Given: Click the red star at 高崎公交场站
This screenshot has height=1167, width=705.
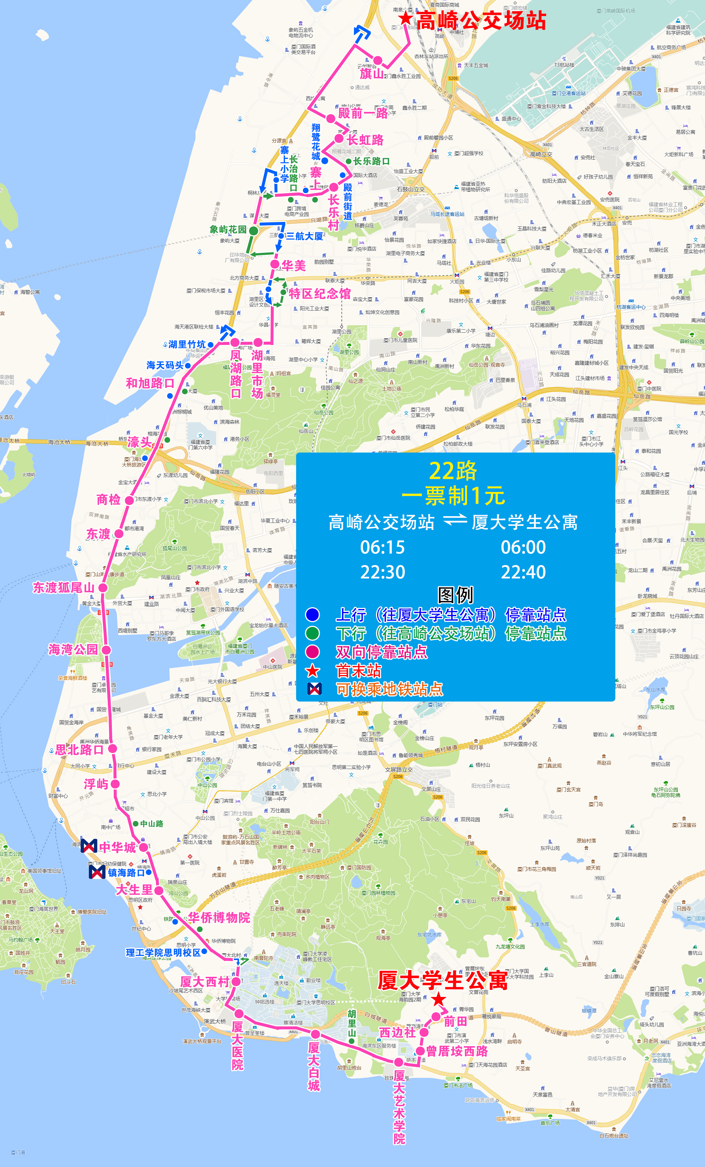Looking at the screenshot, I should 405,19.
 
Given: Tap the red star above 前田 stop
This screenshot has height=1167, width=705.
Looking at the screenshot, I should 439,999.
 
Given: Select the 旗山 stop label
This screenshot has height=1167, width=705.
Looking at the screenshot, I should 372,74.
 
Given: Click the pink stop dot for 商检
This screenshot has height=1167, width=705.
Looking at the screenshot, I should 129,500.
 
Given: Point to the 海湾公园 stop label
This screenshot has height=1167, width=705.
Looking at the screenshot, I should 73,649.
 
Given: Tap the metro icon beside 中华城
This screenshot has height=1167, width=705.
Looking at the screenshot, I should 89,846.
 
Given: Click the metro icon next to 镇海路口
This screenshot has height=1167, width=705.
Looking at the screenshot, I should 97,872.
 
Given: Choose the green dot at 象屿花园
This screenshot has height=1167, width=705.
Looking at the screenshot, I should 254,230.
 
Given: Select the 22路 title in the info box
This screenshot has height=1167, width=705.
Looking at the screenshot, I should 453,471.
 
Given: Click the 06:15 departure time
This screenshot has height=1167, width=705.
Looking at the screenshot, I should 382,548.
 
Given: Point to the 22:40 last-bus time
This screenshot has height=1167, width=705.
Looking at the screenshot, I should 523,572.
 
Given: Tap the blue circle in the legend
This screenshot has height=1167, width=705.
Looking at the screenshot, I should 312,615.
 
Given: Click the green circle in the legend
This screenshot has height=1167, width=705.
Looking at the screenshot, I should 312,633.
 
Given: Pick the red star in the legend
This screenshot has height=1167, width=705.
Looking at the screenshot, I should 313,671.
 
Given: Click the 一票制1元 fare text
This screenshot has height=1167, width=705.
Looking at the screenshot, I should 453,496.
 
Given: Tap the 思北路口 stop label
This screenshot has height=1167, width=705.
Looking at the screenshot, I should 79,750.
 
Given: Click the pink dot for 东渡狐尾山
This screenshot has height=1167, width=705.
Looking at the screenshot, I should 103,588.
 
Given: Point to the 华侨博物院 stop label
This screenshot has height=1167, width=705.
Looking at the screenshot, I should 219,917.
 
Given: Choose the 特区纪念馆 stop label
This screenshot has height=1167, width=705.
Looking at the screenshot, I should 320,294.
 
